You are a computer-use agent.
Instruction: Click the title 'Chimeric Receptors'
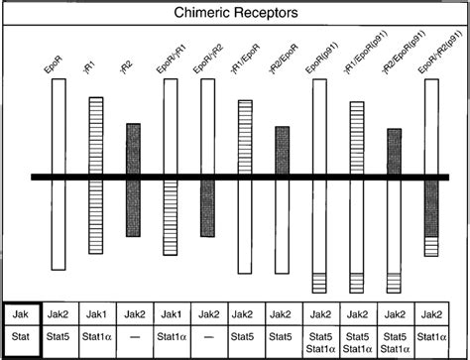pyautogui.click(x=235, y=13)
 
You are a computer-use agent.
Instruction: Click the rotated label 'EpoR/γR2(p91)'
pyautogui.click(x=428, y=60)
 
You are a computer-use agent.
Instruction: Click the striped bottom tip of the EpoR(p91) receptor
pyautogui.click(x=319, y=282)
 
